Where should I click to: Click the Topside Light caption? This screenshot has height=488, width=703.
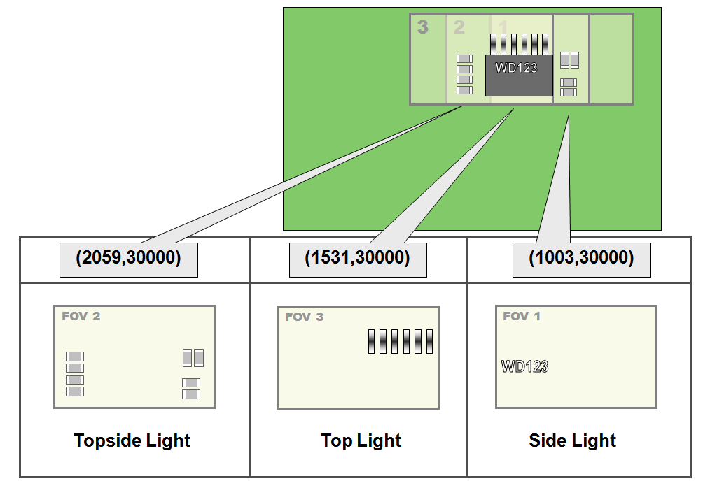click(132, 440)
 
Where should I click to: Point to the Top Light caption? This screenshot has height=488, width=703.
click(361, 440)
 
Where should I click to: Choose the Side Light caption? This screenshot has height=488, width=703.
click(572, 440)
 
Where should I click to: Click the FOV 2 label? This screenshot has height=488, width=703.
click(81, 316)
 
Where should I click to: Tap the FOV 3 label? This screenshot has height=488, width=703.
click(304, 317)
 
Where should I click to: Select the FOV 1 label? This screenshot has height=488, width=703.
click(522, 316)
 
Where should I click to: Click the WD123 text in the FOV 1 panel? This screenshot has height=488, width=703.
click(524, 366)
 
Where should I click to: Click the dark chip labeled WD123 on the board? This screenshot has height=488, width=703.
click(519, 76)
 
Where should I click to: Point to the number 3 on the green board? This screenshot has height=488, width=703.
click(422, 27)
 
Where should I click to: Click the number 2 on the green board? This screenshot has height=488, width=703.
click(459, 27)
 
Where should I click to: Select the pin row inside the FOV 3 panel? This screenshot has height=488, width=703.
click(401, 341)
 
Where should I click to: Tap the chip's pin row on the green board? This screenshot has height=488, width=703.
click(518, 44)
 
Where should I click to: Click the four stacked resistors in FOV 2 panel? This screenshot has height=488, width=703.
click(75, 374)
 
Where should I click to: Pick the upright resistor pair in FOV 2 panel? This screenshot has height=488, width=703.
click(193, 358)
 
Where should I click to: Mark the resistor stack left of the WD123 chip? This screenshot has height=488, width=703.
click(464, 74)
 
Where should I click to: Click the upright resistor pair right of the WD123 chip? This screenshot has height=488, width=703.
click(570, 60)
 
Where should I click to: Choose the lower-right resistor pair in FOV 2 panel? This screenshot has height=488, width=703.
click(191, 389)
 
